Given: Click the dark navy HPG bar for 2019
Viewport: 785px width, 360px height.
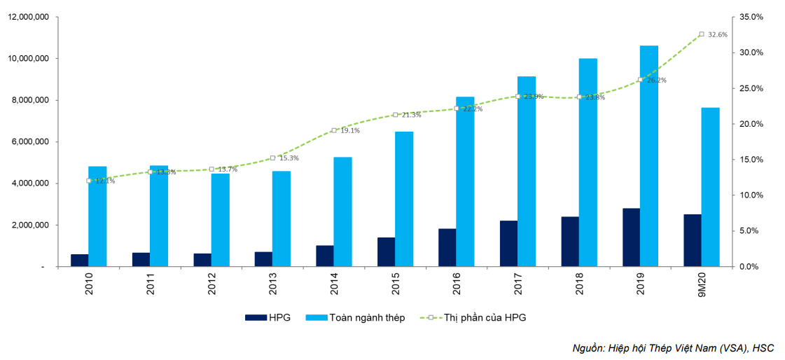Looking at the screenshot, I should pos(631,237).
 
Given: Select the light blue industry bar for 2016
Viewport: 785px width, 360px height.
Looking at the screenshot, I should pos(465,181).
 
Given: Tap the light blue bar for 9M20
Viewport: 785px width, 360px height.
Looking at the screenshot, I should pos(710,187).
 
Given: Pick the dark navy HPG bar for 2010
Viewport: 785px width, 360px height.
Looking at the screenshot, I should pos(79,260).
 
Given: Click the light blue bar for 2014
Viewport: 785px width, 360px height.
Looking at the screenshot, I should pos(342,212).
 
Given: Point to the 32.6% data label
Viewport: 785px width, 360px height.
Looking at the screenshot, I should pos(718,34).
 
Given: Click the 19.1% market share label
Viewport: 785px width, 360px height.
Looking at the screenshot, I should pos(350,130).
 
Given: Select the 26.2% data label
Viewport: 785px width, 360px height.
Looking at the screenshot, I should pos(657,81).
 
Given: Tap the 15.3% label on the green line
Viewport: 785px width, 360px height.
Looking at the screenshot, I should pos(289,158).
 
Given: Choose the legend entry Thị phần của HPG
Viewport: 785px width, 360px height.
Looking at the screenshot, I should pos(484,317).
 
